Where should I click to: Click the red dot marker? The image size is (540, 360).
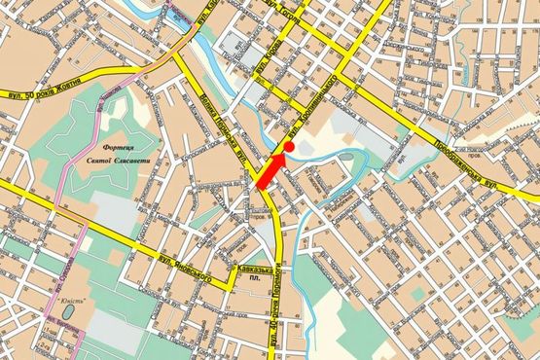[288, 146]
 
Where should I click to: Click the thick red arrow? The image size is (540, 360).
[270, 172]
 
